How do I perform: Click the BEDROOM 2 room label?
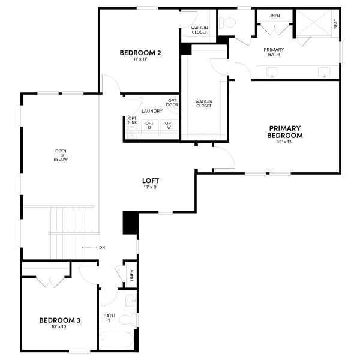coord(140,52)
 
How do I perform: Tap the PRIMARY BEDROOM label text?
coord(284,132)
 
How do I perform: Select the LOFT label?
coord(151,180)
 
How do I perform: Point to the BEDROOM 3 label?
coord(60,320)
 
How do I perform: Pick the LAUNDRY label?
coord(152,111)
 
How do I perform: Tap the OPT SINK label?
coord(132,120)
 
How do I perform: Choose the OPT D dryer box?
coord(149,125)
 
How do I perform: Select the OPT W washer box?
coord(169,125)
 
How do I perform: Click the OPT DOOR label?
coord(172,103)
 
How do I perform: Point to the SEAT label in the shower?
coord(335,23)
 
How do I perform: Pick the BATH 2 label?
coord(109,318)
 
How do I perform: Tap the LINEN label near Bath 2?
coord(131,275)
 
